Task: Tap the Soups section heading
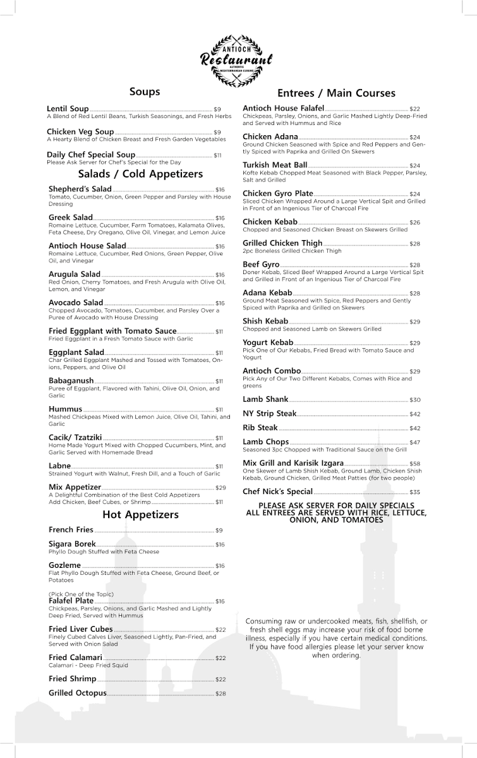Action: click(145, 92)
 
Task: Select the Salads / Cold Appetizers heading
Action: click(140, 174)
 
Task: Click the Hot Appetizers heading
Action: click(140, 514)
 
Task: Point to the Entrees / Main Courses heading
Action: click(336, 93)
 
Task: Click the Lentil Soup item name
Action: click(68, 109)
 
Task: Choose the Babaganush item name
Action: click(71, 381)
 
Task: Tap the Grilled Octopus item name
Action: click(78, 693)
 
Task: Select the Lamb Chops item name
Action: click(265, 442)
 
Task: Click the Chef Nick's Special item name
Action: click(277, 491)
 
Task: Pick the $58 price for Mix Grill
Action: click(414, 464)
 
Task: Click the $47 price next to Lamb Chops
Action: click(414, 443)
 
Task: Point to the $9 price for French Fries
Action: click(219, 531)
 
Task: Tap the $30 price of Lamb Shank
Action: click(414, 400)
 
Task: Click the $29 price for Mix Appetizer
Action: click(220, 488)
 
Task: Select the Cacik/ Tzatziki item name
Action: click(75, 437)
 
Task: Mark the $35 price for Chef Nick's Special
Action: click(414, 492)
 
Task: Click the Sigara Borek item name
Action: click(72, 544)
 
